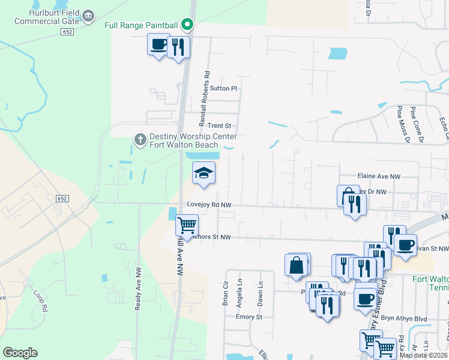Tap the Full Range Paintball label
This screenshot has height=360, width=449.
coord(141,25)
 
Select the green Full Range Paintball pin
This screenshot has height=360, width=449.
coord(187,25)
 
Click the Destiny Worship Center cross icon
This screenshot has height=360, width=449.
coord(140,140)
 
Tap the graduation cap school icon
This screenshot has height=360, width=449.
coord(203,173)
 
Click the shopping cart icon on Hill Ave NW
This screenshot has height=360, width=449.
coord(187,226)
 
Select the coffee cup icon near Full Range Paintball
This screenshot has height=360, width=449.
coord(158,44)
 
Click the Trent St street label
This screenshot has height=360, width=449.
coord(219,126)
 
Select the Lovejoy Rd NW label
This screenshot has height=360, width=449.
coord(209,205)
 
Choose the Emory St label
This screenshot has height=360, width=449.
coord(246,317)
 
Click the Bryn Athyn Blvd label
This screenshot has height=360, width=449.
coord(409,319)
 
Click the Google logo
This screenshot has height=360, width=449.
coord(20,353)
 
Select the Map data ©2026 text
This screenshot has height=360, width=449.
coord(423,355)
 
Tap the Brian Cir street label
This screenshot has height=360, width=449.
coord(226,294)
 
